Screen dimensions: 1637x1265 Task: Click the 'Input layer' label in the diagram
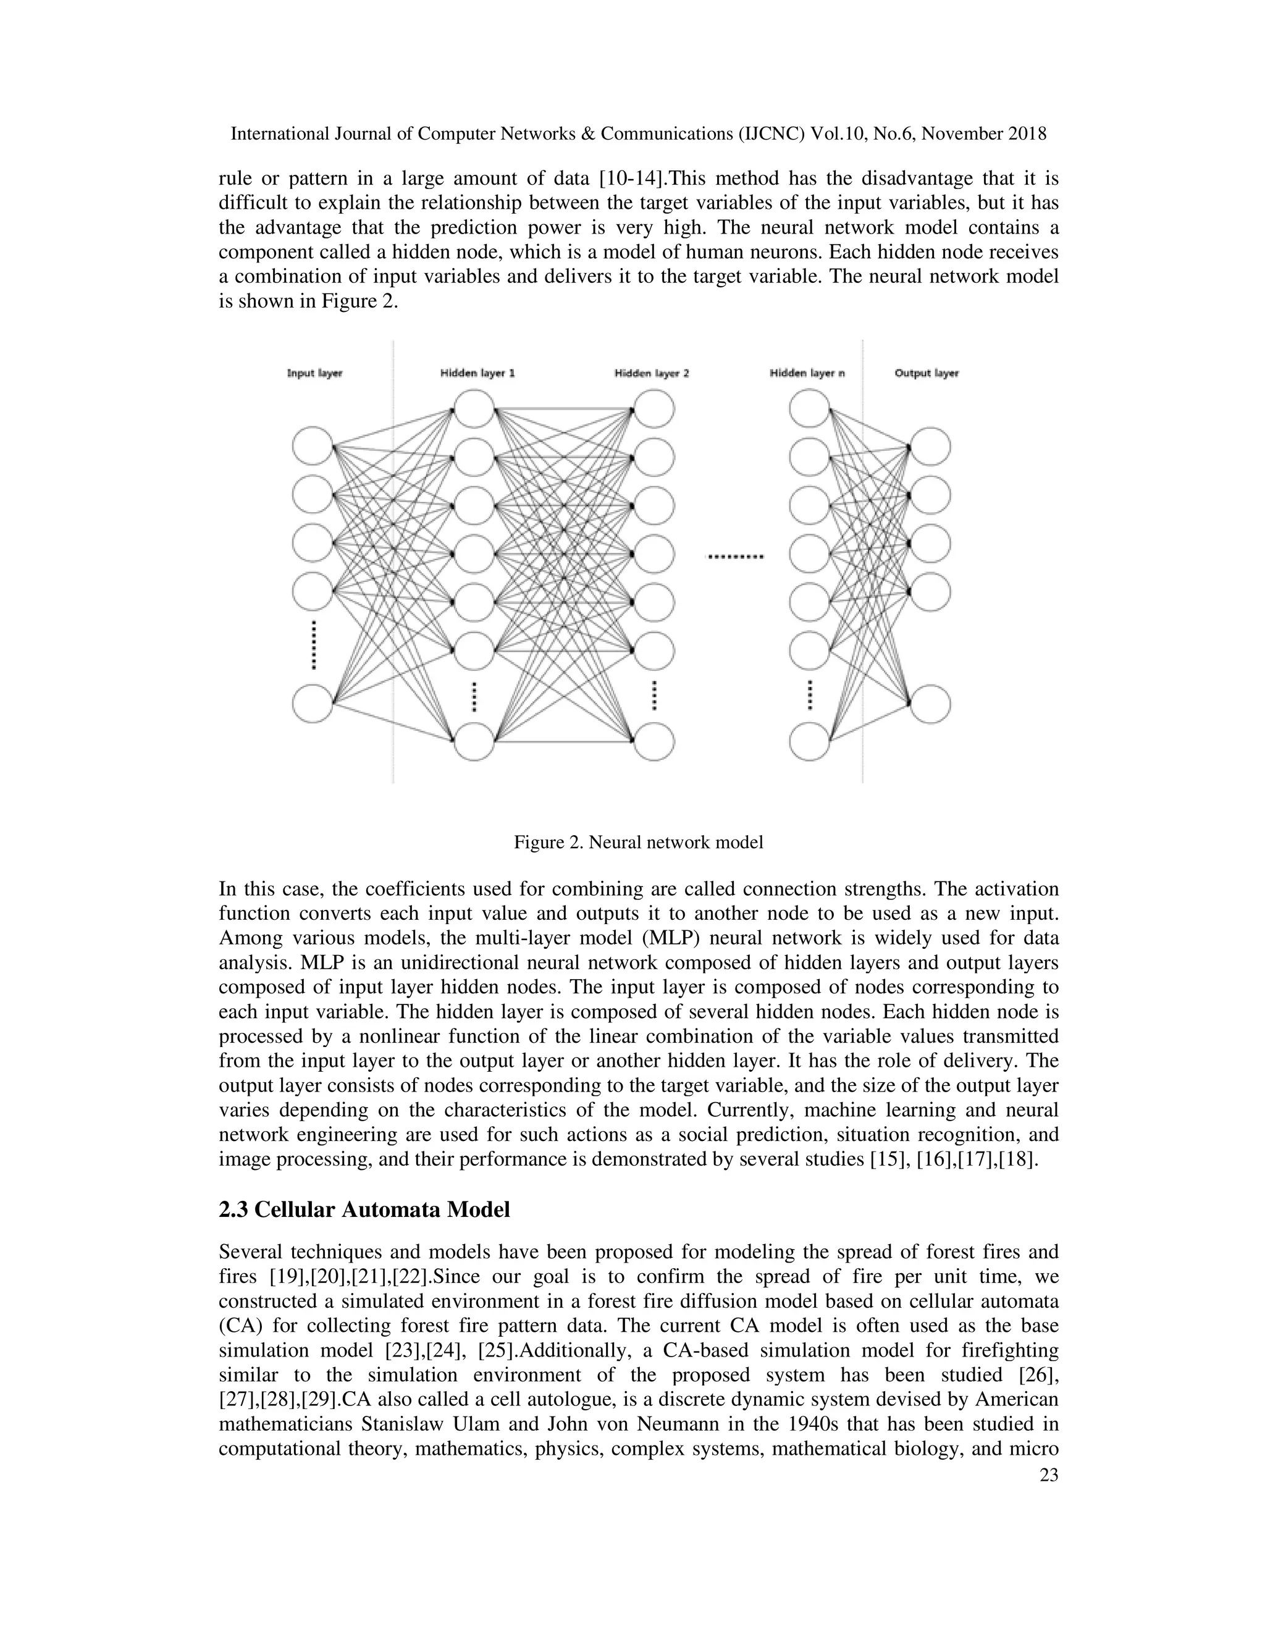coord(315,373)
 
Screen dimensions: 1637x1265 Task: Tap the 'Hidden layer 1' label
coord(477,373)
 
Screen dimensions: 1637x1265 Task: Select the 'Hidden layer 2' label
coord(651,373)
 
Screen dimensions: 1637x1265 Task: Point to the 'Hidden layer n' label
coord(807,373)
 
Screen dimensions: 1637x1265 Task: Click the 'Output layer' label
coord(927,373)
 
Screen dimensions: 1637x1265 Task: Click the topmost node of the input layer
coord(313,447)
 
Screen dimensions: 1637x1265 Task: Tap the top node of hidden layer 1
coord(474,409)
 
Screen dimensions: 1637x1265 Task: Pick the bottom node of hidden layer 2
coord(654,741)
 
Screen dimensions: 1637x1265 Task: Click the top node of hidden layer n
coord(809,409)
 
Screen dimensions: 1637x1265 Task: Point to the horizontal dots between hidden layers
coord(735,557)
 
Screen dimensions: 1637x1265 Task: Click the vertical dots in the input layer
coord(314,644)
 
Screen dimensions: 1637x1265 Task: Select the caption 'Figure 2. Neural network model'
coord(637,843)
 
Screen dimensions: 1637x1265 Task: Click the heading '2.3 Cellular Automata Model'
coord(364,1210)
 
